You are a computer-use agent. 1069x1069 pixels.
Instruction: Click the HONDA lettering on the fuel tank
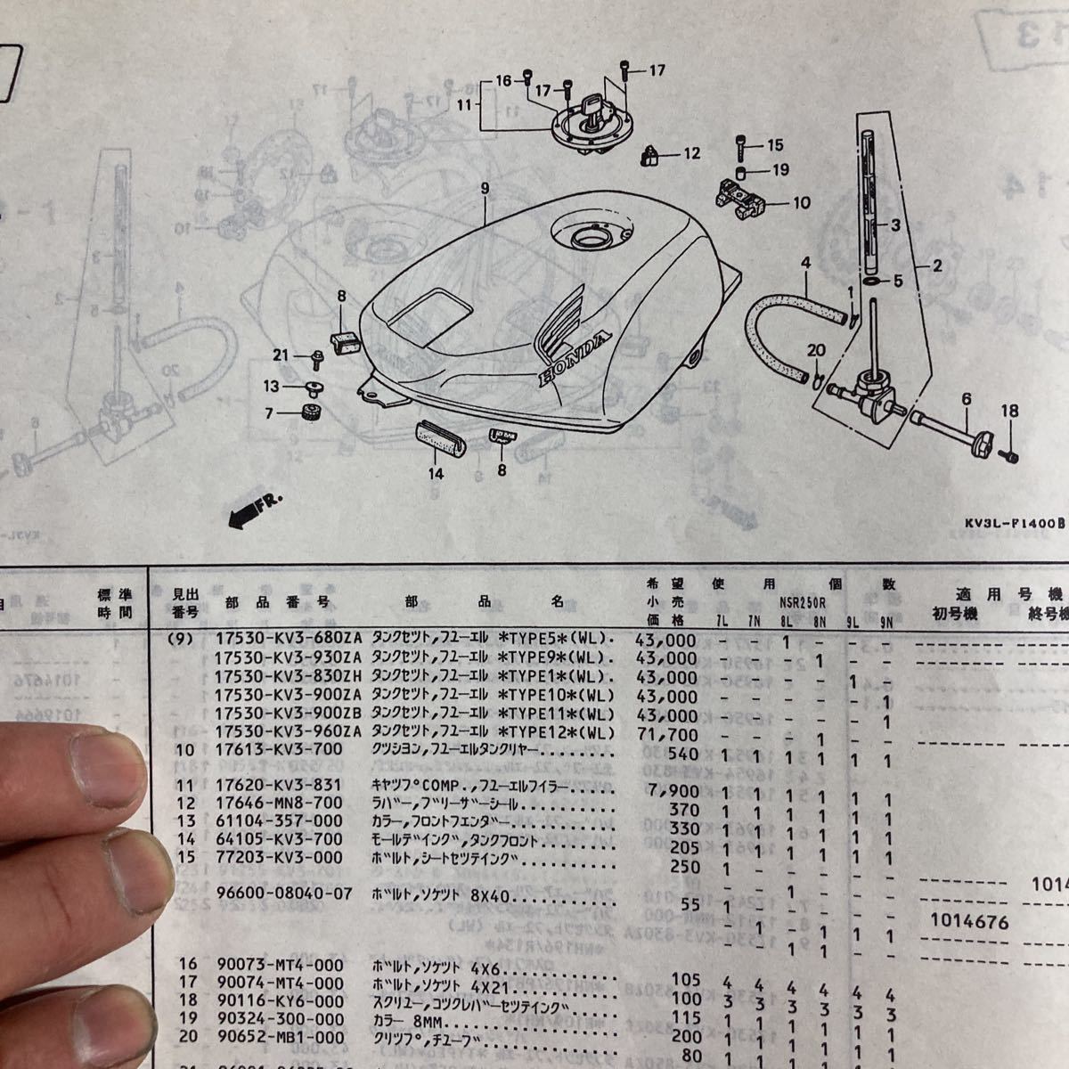[x=574, y=360]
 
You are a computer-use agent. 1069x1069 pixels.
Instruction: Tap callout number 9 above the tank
[x=485, y=189]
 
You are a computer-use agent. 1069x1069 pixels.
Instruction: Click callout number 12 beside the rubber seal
[x=692, y=154]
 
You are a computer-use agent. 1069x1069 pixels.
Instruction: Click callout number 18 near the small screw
[x=1008, y=411]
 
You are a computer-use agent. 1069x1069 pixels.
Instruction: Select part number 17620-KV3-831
[x=279, y=785]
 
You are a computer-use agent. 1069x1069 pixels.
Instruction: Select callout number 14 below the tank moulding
[x=436, y=474]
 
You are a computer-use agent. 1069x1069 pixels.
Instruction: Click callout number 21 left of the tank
[x=282, y=355]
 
